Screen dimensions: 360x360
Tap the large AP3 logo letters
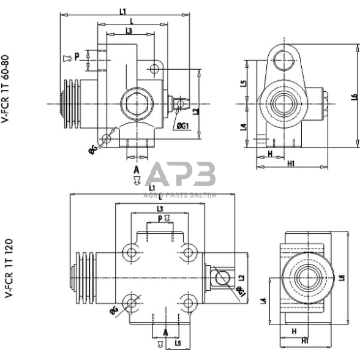click(x=181, y=176)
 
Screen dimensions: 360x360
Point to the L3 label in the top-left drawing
click(x=129, y=31)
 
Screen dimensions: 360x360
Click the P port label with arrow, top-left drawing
click(x=72, y=58)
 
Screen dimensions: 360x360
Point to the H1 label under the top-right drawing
click(x=291, y=163)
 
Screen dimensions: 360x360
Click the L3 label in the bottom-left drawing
click(x=159, y=209)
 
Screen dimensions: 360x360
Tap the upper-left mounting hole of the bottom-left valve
click(x=130, y=252)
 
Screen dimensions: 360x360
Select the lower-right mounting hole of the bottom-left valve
click(x=188, y=301)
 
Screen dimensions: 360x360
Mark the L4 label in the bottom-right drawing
click(x=264, y=299)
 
